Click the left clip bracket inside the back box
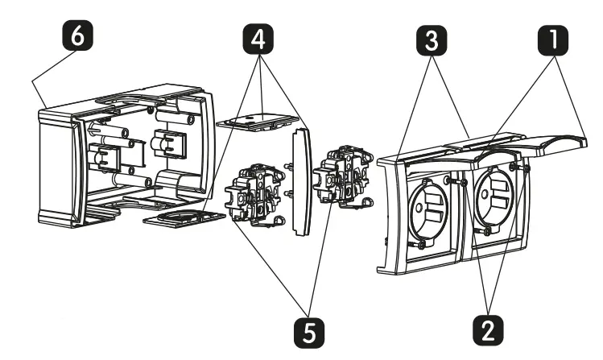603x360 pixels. click(x=105, y=154)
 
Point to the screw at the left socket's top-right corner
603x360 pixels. click(x=465, y=183)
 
